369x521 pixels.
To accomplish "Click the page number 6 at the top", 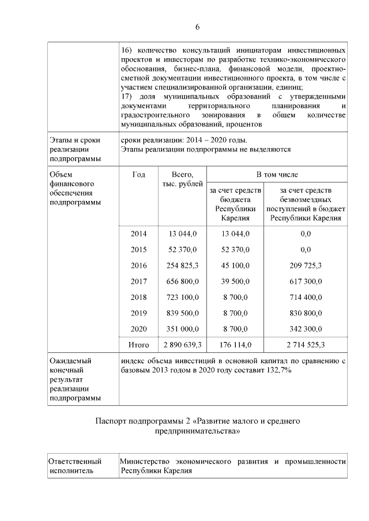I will click(x=197, y=27).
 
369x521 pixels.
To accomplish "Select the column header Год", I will click(x=138, y=174).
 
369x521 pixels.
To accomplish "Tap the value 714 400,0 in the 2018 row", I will click(x=306, y=297).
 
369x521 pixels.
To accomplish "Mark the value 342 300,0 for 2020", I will click(x=306, y=329).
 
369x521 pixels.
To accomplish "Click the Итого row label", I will click(x=138, y=345).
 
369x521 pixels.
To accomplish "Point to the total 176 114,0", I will click(x=235, y=345).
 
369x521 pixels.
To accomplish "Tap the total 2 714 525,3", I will click(x=306, y=345).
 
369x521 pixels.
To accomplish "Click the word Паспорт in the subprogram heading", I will click(x=112, y=421).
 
